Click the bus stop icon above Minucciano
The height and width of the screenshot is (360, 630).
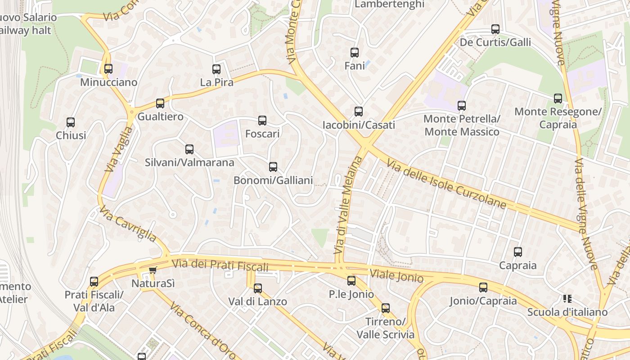108,69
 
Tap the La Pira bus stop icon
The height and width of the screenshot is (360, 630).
216,69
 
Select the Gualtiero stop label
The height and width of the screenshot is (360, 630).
160,117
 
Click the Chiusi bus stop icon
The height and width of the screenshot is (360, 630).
71,122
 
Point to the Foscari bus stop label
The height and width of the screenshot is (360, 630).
262,134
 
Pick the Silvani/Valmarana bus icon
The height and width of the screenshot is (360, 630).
189,149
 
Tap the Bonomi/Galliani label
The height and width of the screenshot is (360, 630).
273,180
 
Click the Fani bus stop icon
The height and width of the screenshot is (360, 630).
355,53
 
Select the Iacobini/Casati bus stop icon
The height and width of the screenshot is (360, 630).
359,112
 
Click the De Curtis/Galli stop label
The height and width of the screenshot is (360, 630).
495,42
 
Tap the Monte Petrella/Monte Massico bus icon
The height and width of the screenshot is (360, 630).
462,106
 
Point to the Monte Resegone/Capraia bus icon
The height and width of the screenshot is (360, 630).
558,99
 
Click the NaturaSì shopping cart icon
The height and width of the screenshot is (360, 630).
153,270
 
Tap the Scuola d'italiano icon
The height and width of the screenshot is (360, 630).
567,298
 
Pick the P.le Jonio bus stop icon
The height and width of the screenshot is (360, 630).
351,281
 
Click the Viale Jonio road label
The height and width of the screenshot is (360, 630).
396,275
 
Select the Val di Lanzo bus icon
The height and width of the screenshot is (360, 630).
258,288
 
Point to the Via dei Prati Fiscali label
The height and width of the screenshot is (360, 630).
220,265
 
